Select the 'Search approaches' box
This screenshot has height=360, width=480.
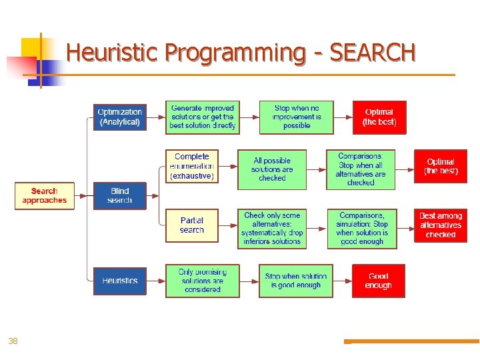point(45,196)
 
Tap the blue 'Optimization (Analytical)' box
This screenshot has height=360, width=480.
point(120,117)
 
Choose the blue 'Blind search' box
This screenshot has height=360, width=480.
point(120,196)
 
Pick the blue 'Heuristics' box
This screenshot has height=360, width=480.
point(120,281)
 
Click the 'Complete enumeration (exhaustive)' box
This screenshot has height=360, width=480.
point(192,166)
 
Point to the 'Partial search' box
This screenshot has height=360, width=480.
point(192,225)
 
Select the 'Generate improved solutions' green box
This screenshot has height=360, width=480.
point(203,117)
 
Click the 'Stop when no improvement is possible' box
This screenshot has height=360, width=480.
point(296,117)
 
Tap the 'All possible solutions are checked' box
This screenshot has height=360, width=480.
point(272,169)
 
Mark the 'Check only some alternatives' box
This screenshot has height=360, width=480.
point(272,229)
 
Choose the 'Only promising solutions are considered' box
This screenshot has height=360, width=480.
point(203,281)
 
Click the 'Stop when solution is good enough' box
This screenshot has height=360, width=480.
point(296,281)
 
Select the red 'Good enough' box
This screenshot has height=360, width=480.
point(379,281)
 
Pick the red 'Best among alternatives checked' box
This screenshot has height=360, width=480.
point(441,225)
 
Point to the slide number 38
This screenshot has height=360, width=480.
point(13,341)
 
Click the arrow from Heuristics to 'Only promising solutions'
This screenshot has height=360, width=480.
point(155,281)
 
